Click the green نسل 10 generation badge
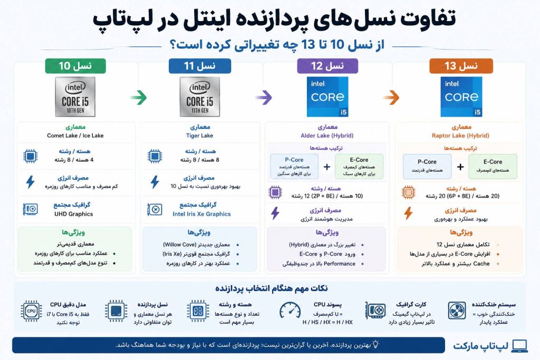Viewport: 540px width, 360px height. pyautogui.click(x=75, y=66)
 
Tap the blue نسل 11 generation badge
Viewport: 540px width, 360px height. pyautogui.click(x=200, y=66)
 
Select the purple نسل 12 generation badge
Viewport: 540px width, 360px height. pyautogui.click(x=327, y=66)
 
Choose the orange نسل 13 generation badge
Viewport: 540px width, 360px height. pyautogui.click(x=461, y=66)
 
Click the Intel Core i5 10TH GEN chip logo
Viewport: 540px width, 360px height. pyautogui.click(x=75, y=96)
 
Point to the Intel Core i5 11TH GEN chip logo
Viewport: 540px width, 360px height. pyautogui.click(x=200, y=96)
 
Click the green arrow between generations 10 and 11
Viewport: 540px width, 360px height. pyautogui.click(x=139, y=98)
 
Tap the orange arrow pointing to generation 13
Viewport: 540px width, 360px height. pyautogui.click(x=391, y=98)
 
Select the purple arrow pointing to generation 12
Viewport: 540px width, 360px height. pyautogui.click(x=264, y=98)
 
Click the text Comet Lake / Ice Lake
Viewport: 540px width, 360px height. pyautogui.click(x=75, y=135)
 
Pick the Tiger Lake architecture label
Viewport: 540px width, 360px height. pyautogui.click(x=199, y=135)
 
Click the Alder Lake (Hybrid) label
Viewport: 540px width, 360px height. pyautogui.click(x=327, y=135)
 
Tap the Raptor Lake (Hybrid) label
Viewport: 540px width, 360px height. pyautogui.click(x=460, y=135)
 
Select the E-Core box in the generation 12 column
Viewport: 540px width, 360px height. pyautogui.click(x=359, y=167)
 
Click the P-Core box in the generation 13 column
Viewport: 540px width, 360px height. pyautogui.click(x=427, y=167)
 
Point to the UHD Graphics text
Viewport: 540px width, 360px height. pyautogui.click(x=74, y=214)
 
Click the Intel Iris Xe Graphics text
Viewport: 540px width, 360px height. pyautogui.click(x=201, y=214)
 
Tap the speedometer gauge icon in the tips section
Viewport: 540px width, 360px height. pyautogui.click(x=290, y=311)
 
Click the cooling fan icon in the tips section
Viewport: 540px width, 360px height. pyautogui.click(x=457, y=310)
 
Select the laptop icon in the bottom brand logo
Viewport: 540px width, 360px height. pyautogui.click(x=519, y=346)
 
